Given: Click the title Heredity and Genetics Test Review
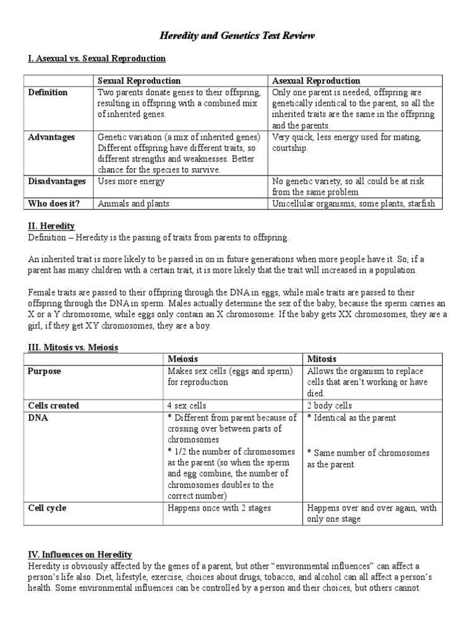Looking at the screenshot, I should pos(237,36).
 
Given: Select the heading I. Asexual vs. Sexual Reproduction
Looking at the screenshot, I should pos(96,58).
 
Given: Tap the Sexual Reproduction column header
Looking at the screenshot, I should pos(139,81).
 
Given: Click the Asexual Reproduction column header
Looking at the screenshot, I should pos(316,81).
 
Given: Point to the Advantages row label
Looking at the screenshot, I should pos(51,137).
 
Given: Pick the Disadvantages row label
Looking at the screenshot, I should pos(57,181).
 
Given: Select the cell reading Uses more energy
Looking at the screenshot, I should pos(131,181).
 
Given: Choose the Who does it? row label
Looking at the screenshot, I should pos(54,203).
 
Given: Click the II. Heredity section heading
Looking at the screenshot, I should pos(51,226).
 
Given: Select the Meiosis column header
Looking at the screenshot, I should pos(184,359).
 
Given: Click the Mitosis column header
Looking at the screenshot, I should pos(322,359).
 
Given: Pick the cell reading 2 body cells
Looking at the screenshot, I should pos(330,406).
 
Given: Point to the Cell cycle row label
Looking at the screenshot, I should pos(47,508).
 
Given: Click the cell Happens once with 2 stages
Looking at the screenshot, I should pos(220,508).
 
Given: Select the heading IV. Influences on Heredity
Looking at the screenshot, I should pos(79,554).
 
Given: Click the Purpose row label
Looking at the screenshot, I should pos(44,372).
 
